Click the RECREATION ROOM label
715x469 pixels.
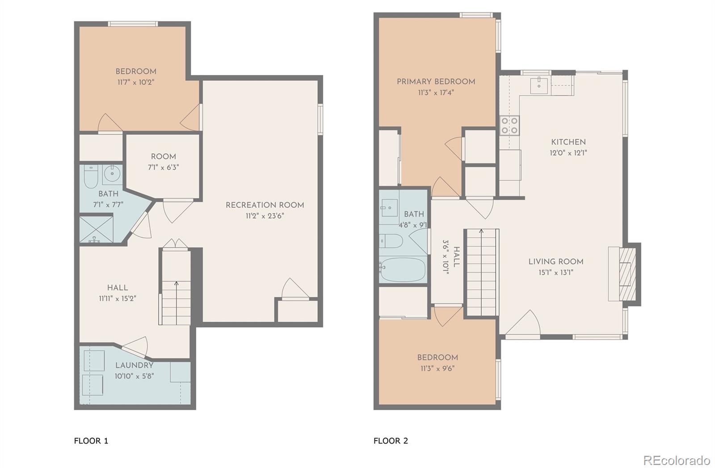(x=265, y=205)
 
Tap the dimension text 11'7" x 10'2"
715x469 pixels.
(x=136, y=83)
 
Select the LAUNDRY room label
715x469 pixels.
(x=134, y=365)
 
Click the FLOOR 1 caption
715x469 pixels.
(x=91, y=441)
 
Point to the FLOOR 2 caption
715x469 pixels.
(x=391, y=441)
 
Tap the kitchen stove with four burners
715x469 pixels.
(x=509, y=125)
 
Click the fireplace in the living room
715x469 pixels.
(x=625, y=274)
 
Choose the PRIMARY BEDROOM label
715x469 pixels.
(x=436, y=82)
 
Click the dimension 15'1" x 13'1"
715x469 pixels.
(x=556, y=273)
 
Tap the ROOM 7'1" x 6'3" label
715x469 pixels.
(x=163, y=162)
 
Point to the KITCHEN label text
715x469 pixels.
(x=568, y=142)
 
